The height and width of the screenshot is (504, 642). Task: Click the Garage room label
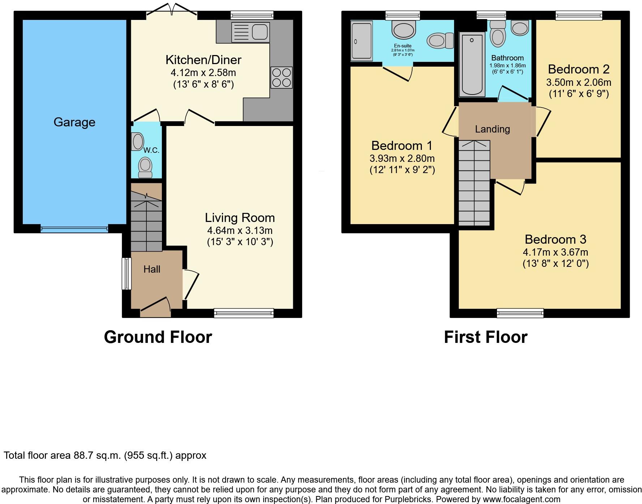click(x=74, y=122)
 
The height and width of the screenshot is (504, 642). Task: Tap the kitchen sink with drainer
click(x=251, y=32)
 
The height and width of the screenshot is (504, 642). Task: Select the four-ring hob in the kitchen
click(x=282, y=77)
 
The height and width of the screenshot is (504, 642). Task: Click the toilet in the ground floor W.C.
click(x=145, y=168)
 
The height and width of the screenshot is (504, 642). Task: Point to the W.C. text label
click(x=151, y=150)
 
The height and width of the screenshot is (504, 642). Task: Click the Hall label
click(x=152, y=269)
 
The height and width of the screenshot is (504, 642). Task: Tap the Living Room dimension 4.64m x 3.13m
click(x=240, y=231)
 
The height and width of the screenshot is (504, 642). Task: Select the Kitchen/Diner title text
click(x=203, y=60)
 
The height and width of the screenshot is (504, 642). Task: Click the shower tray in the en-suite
click(x=361, y=41)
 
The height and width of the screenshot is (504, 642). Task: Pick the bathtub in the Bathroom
click(x=472, y=64)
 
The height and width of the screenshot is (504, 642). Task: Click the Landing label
click(x=492, y=129)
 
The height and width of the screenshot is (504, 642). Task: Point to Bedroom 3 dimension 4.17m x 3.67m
click(x=555, y=252)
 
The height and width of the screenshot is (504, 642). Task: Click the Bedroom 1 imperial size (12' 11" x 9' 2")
click(x=402, y=170)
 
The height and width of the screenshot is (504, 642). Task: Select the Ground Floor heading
click(x=158, y=337)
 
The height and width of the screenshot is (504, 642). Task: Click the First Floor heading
click(x=485, y=337)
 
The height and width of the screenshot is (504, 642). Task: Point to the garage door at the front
click(x=74, y=228)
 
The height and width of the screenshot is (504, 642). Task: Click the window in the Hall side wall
click(x=126, y=273)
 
